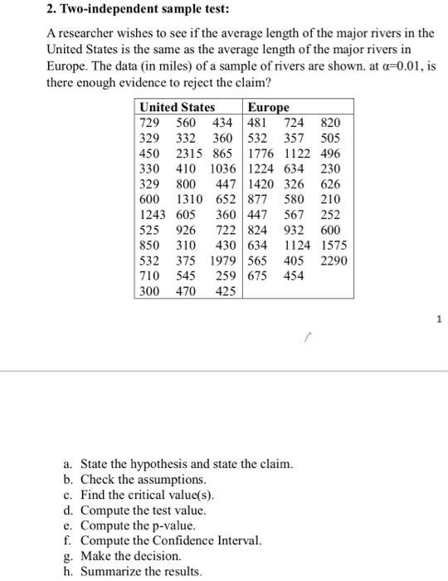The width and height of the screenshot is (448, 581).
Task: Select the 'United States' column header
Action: (177, 107)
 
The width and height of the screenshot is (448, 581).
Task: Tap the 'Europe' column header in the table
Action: (269, 107)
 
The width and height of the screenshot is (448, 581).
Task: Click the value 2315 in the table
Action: (190, 154)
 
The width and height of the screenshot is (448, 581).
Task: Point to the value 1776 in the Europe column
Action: (264, 154)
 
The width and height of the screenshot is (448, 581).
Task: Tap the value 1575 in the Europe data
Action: (336, 245)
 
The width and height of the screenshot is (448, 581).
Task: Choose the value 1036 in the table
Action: (222, 168)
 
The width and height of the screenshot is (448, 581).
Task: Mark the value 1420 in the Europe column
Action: (264, 183)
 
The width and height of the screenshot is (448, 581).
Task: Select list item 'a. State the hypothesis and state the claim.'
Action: (178, 464)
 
